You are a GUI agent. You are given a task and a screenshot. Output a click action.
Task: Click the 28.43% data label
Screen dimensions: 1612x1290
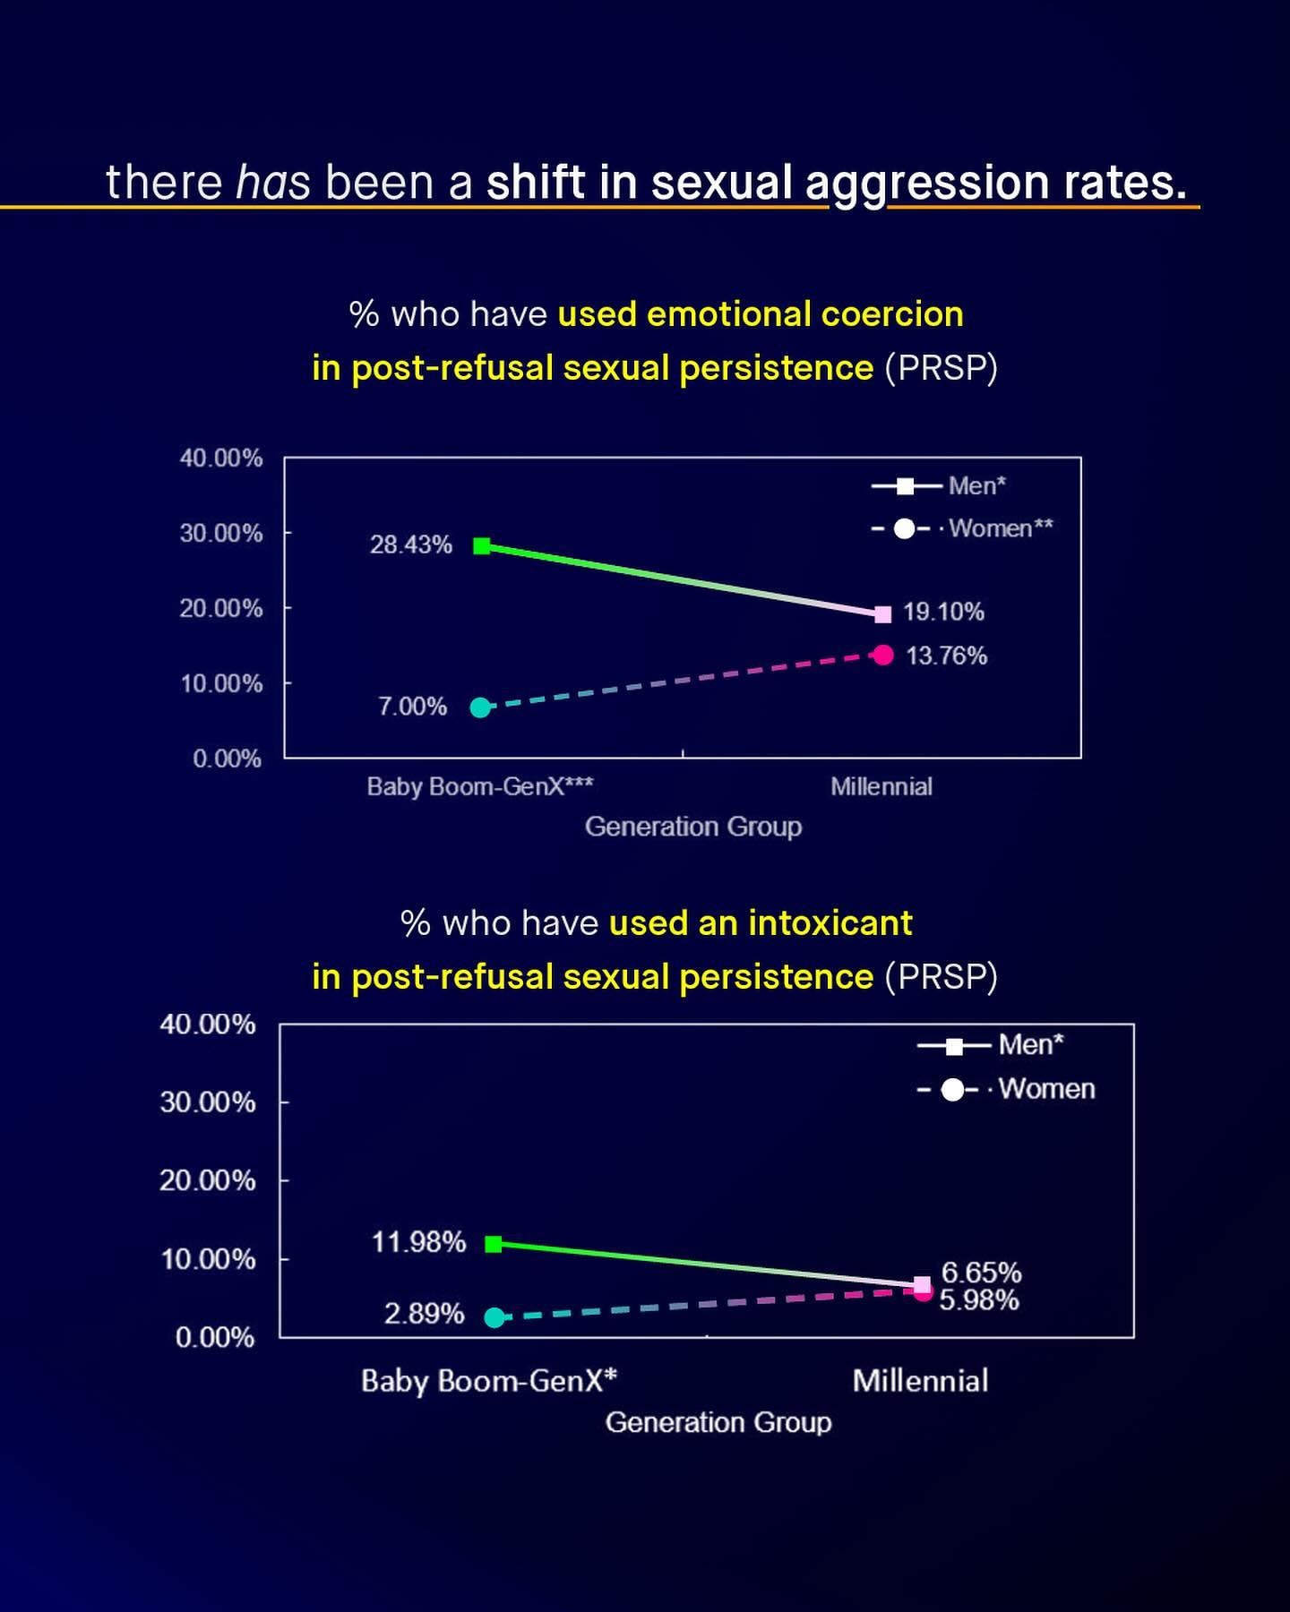pyautogui.click(x=411, y=544)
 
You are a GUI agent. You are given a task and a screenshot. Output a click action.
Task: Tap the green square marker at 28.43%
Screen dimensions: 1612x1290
pyautogui.click(x=482, y=545)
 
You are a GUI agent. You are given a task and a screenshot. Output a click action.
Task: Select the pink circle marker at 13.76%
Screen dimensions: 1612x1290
pyautogui.click(x=883, y=656)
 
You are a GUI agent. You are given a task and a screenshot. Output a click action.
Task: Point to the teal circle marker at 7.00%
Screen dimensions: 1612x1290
pyautogui.click(x=481, y=707)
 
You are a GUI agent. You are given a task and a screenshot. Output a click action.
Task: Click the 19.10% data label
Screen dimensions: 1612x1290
pyautogui.click(x=943, y=612)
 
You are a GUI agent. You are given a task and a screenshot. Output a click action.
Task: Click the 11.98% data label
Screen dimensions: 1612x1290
pyautogui.click(x=418, y=1242)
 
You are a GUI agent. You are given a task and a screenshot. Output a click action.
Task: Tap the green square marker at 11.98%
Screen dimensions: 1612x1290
pyautogui.click(x=494, y=1244)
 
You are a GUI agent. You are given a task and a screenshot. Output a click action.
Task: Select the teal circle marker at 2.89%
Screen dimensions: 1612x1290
pyautogui.click(x=494, y=1317)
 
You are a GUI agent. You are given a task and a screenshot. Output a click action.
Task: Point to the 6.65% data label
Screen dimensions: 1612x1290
pyautogui.click(x=981, y=1273)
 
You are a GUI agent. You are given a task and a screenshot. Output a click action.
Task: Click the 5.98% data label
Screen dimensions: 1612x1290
pyautogui.click(x=978, y=1300)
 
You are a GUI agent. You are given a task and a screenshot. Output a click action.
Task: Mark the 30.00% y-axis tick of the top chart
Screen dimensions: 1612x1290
pyautogui.click(x=221, y=533)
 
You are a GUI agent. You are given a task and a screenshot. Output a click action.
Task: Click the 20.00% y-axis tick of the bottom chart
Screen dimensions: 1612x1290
pyautogui.click(x=208, y=1180)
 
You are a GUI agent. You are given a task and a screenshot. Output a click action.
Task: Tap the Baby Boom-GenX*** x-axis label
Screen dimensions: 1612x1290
pyautogui.click(x=480, y=786)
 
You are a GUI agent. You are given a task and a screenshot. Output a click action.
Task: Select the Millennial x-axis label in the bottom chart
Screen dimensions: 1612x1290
pyautogui.click(x=920, y=1380)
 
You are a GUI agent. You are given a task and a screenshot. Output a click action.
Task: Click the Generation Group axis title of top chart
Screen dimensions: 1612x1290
pyautogui.click(x=692, y=826)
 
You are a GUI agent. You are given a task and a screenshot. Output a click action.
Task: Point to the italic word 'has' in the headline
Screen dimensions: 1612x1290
pyautogui.click(x=273, y=183)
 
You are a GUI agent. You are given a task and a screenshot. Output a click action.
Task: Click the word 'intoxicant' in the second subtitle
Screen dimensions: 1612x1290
pyautogui.click(x=830, y=922)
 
